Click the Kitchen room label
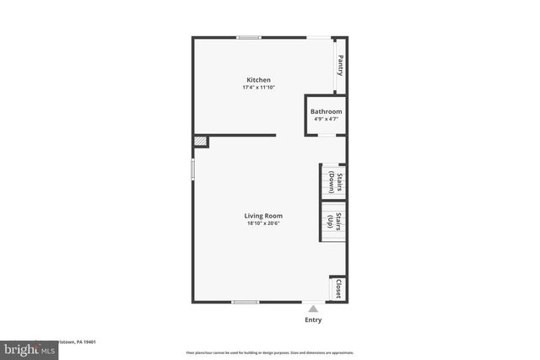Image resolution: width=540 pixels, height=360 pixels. click(258, 80)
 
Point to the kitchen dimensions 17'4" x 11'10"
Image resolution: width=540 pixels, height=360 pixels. click(259, 88)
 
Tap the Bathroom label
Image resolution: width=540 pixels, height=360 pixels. click(326, 112)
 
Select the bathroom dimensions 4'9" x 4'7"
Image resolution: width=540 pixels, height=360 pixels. click(326, 120)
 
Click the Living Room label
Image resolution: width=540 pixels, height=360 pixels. click(264, 216)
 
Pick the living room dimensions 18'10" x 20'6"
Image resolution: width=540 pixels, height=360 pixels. click(264, 223)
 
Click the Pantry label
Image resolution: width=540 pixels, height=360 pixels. click(340, 64)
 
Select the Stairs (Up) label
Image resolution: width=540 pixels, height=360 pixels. click(334, 222)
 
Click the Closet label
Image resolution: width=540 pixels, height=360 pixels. click(338, 288)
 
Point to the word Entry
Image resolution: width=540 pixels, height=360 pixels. click(313, 320)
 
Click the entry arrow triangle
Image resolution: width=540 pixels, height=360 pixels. click(313, 309)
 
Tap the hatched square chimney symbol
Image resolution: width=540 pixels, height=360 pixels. click(200, 142)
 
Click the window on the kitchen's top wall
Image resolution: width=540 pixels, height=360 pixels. click(248, 37)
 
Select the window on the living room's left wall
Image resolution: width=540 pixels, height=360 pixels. click(192, 168)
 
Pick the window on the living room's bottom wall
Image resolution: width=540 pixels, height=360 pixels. click(246, 302)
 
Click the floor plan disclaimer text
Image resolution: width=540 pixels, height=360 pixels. click(270, 352)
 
